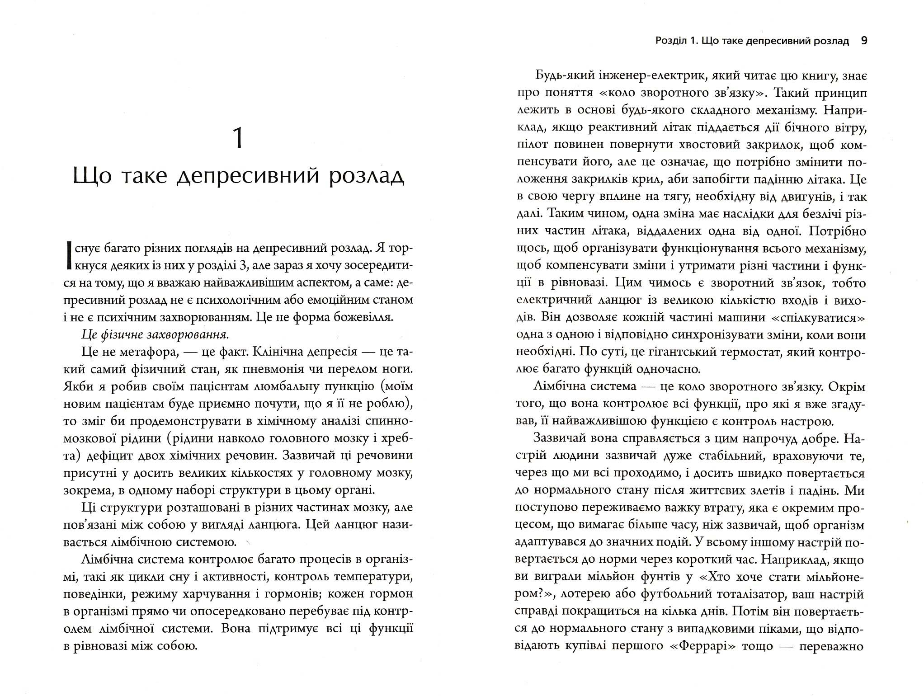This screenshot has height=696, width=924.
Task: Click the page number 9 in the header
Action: (x=864, y=41)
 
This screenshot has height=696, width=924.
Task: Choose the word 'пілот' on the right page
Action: (x=532, y=145)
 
